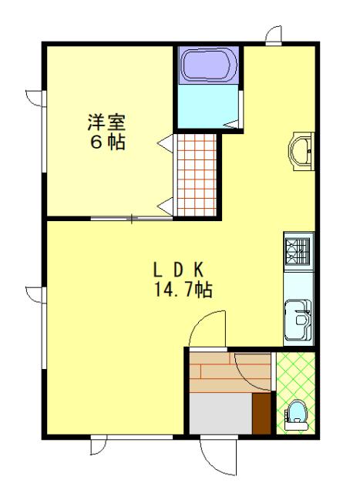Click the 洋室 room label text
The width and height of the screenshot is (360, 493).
pyautogui.click(x=106, y=121)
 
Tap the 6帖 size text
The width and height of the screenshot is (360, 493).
pyautogui.click(x=106, y=143)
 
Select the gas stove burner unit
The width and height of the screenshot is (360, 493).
pyautogui.click(x=298, y=251)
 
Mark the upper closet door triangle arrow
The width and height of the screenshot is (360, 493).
pyautogui.click(x=164, y=143)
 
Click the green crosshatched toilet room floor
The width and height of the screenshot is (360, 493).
pyautogui.click(x=294, y=377)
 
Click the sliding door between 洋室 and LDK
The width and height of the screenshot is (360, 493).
pyautogui.click(x=131, y=219)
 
